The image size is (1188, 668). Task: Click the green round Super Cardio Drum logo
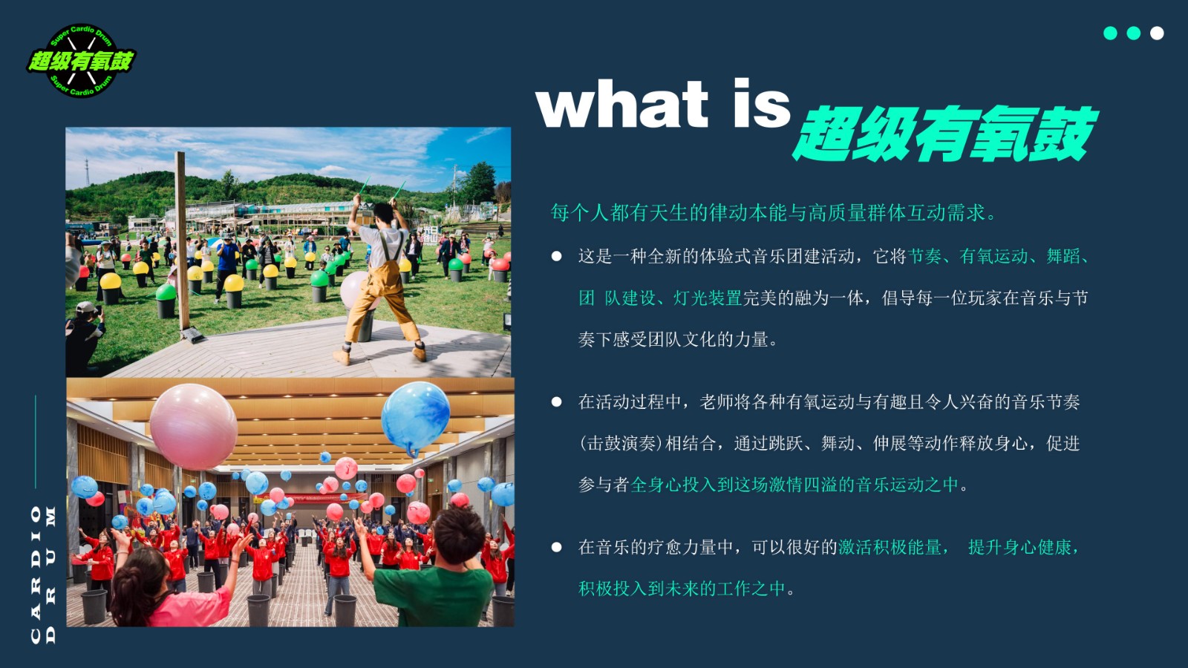81,60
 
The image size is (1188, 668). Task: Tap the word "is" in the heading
763,103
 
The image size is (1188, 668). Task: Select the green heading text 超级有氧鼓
944,133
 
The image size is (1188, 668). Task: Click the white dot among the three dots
1157,33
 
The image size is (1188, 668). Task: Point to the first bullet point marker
556,257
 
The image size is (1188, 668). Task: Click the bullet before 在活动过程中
556,402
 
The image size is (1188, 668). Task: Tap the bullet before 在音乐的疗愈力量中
556,547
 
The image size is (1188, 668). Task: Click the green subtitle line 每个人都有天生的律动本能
774,212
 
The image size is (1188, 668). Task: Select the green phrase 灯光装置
708,298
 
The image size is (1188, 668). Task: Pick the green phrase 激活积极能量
890,547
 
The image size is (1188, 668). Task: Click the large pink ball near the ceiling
194,427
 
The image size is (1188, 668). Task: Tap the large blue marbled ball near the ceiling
415,418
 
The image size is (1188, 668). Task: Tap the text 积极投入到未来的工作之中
681,589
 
